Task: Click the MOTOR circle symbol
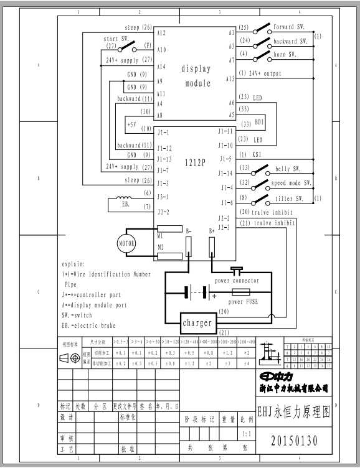[126, 243]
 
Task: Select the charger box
[197, 323]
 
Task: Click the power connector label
[237, 281]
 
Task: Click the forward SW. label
[291, 27]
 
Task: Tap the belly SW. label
[288, 169]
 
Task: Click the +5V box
[131, 124]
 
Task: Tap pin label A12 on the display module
[161, 32]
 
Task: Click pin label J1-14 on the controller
[225, 173]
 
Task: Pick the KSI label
[257, 154]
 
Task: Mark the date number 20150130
[294, 441]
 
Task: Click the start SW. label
[116, 39]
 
